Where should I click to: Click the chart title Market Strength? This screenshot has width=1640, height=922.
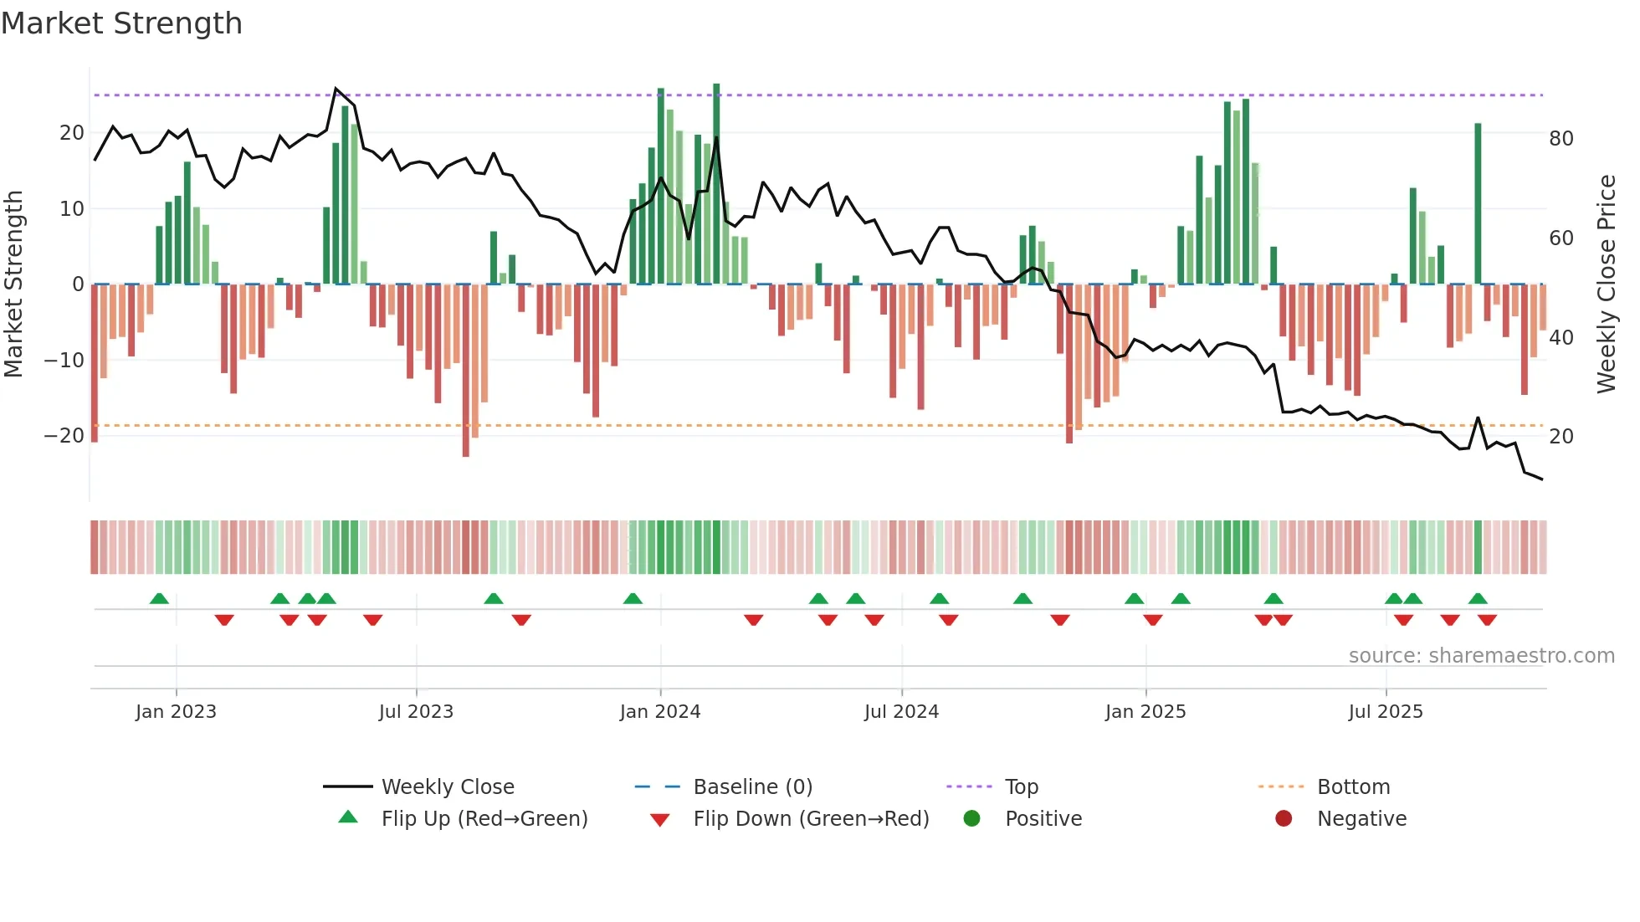pyautogui.click(x=122, y=23)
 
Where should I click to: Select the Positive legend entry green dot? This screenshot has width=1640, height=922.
pyautogui.click(x=971, y=818)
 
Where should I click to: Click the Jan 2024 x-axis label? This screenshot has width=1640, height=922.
pyautogui.click(x=660, y=711)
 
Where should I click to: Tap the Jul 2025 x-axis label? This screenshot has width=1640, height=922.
pyautogui.click(x=1386, y=711)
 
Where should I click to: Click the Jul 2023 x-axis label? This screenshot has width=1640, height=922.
pyautogui.click(x=416, y=711)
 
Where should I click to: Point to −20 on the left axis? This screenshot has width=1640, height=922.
pyautogui.click(x=64, y=436)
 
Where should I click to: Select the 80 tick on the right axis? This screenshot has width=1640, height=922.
pyautogui.click(x=1561, y=138)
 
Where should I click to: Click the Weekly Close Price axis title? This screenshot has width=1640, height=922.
pyautogui.click(x=1607, y=284)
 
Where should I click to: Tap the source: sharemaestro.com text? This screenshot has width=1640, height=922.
pyautogui.click(x=1481, y=655)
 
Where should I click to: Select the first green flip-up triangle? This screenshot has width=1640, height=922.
pyautogui.click(x=159, y=598)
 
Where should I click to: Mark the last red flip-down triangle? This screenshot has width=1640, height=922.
pyautogui.click(x=1487, y=620)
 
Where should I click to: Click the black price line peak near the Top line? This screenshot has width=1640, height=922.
pyautogui.click(x=336, y=89)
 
